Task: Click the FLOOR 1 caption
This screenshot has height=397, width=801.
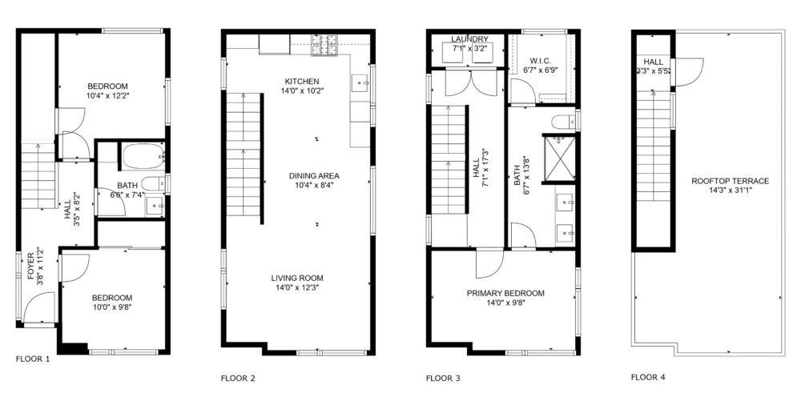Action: pyautogui.click(x=33, y=359)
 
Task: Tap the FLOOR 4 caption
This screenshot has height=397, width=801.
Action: pyautogui.click(x=648, y=378)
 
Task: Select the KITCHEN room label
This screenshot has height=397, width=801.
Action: pyautogui.click(x=302, y=81)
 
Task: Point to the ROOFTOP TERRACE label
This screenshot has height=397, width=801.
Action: pyautogui.click(x=730, y=181)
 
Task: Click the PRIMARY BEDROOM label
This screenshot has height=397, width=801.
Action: pyautogui.click(x=505, y=294)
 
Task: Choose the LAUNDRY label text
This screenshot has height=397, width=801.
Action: pyautogui.click(x=470, y=39)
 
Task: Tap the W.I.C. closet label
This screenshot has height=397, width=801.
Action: pyautogui.click(x=541, y=61)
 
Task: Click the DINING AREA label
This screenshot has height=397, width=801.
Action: pyautogui.click(x=314, y=176)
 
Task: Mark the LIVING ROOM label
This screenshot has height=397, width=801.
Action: pyautogui.click(x=297, y=278)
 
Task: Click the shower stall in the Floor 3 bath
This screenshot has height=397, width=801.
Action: pyautogui.click(x=559, y=158)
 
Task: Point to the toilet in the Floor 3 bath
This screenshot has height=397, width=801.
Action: pyautogui.click(x=563, y=122)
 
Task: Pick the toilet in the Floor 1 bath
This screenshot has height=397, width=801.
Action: pyautogui.click(x=153, y=183)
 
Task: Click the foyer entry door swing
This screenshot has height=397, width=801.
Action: pyautogui.click(x=38, y=307)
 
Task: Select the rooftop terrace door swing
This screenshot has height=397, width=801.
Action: pyautogui.click(x=689, y=72)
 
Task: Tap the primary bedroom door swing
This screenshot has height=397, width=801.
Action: pyautogui.click(x=489, y=263)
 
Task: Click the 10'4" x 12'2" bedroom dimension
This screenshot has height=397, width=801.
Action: pyautogui.click(x=107, y=95)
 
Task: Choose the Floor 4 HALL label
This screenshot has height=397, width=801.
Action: pyautogui.click(x=654, y=62)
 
